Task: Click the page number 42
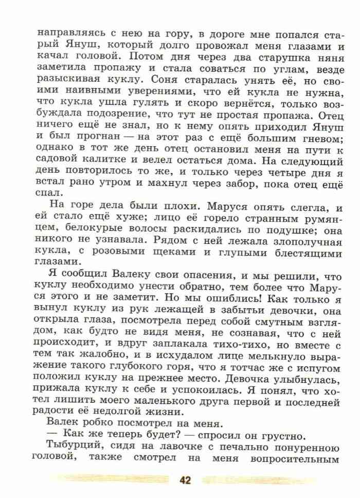185,481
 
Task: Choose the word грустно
276,432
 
